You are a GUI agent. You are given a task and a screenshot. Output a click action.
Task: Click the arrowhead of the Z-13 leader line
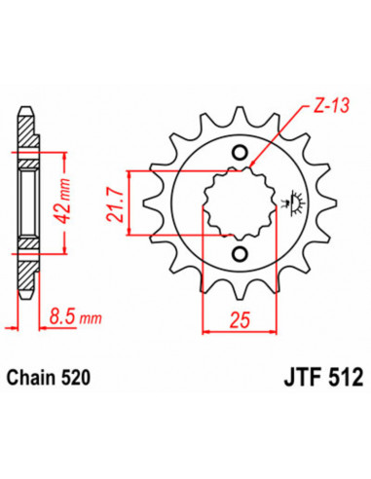click(x=253, y=162)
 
